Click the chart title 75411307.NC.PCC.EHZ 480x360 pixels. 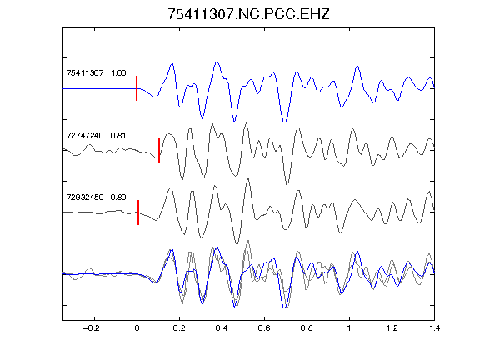(248, 14)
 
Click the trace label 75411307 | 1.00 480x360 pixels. (96, 73)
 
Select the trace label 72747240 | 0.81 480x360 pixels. (96, 135)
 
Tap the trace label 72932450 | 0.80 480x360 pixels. (96, 197)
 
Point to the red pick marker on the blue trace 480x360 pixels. (137, 88)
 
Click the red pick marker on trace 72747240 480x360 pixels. (159, 151)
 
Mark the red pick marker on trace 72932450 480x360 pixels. (138, 212)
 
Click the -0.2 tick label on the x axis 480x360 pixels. (91, 328)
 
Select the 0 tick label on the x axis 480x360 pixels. (137, 328)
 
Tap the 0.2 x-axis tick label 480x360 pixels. (179, 328)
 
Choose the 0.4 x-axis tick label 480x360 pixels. (222, 328)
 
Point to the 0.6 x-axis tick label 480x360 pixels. (264, 328)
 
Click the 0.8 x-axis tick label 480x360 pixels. (307, 328)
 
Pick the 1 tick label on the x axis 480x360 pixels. (349, 328)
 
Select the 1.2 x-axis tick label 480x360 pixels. (392, 328)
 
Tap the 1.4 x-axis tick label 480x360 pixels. (434, 328)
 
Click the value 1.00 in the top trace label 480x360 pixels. (118, 73)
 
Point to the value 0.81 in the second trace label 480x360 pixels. (118, 135)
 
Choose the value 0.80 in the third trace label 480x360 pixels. (118, 197)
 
